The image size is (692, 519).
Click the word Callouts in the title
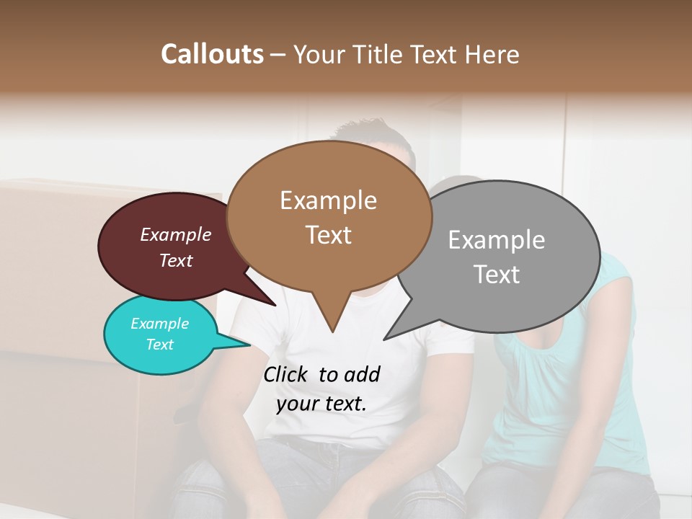(x=212, y=54)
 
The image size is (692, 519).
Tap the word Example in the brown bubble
(x=328, y=200)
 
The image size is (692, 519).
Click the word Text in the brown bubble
(x=328, y=235)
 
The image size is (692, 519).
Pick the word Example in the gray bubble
(x=496, y=240)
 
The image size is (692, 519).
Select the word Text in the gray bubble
(x=497, y=275)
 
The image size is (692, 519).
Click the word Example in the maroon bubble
(x=175, y=234)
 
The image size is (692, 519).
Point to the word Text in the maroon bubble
(x=175, y=260)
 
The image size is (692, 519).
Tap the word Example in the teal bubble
(x=159, y=324)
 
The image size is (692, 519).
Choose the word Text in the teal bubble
(x=159, y=345)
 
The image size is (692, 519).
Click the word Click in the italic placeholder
(x=287, y=375)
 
